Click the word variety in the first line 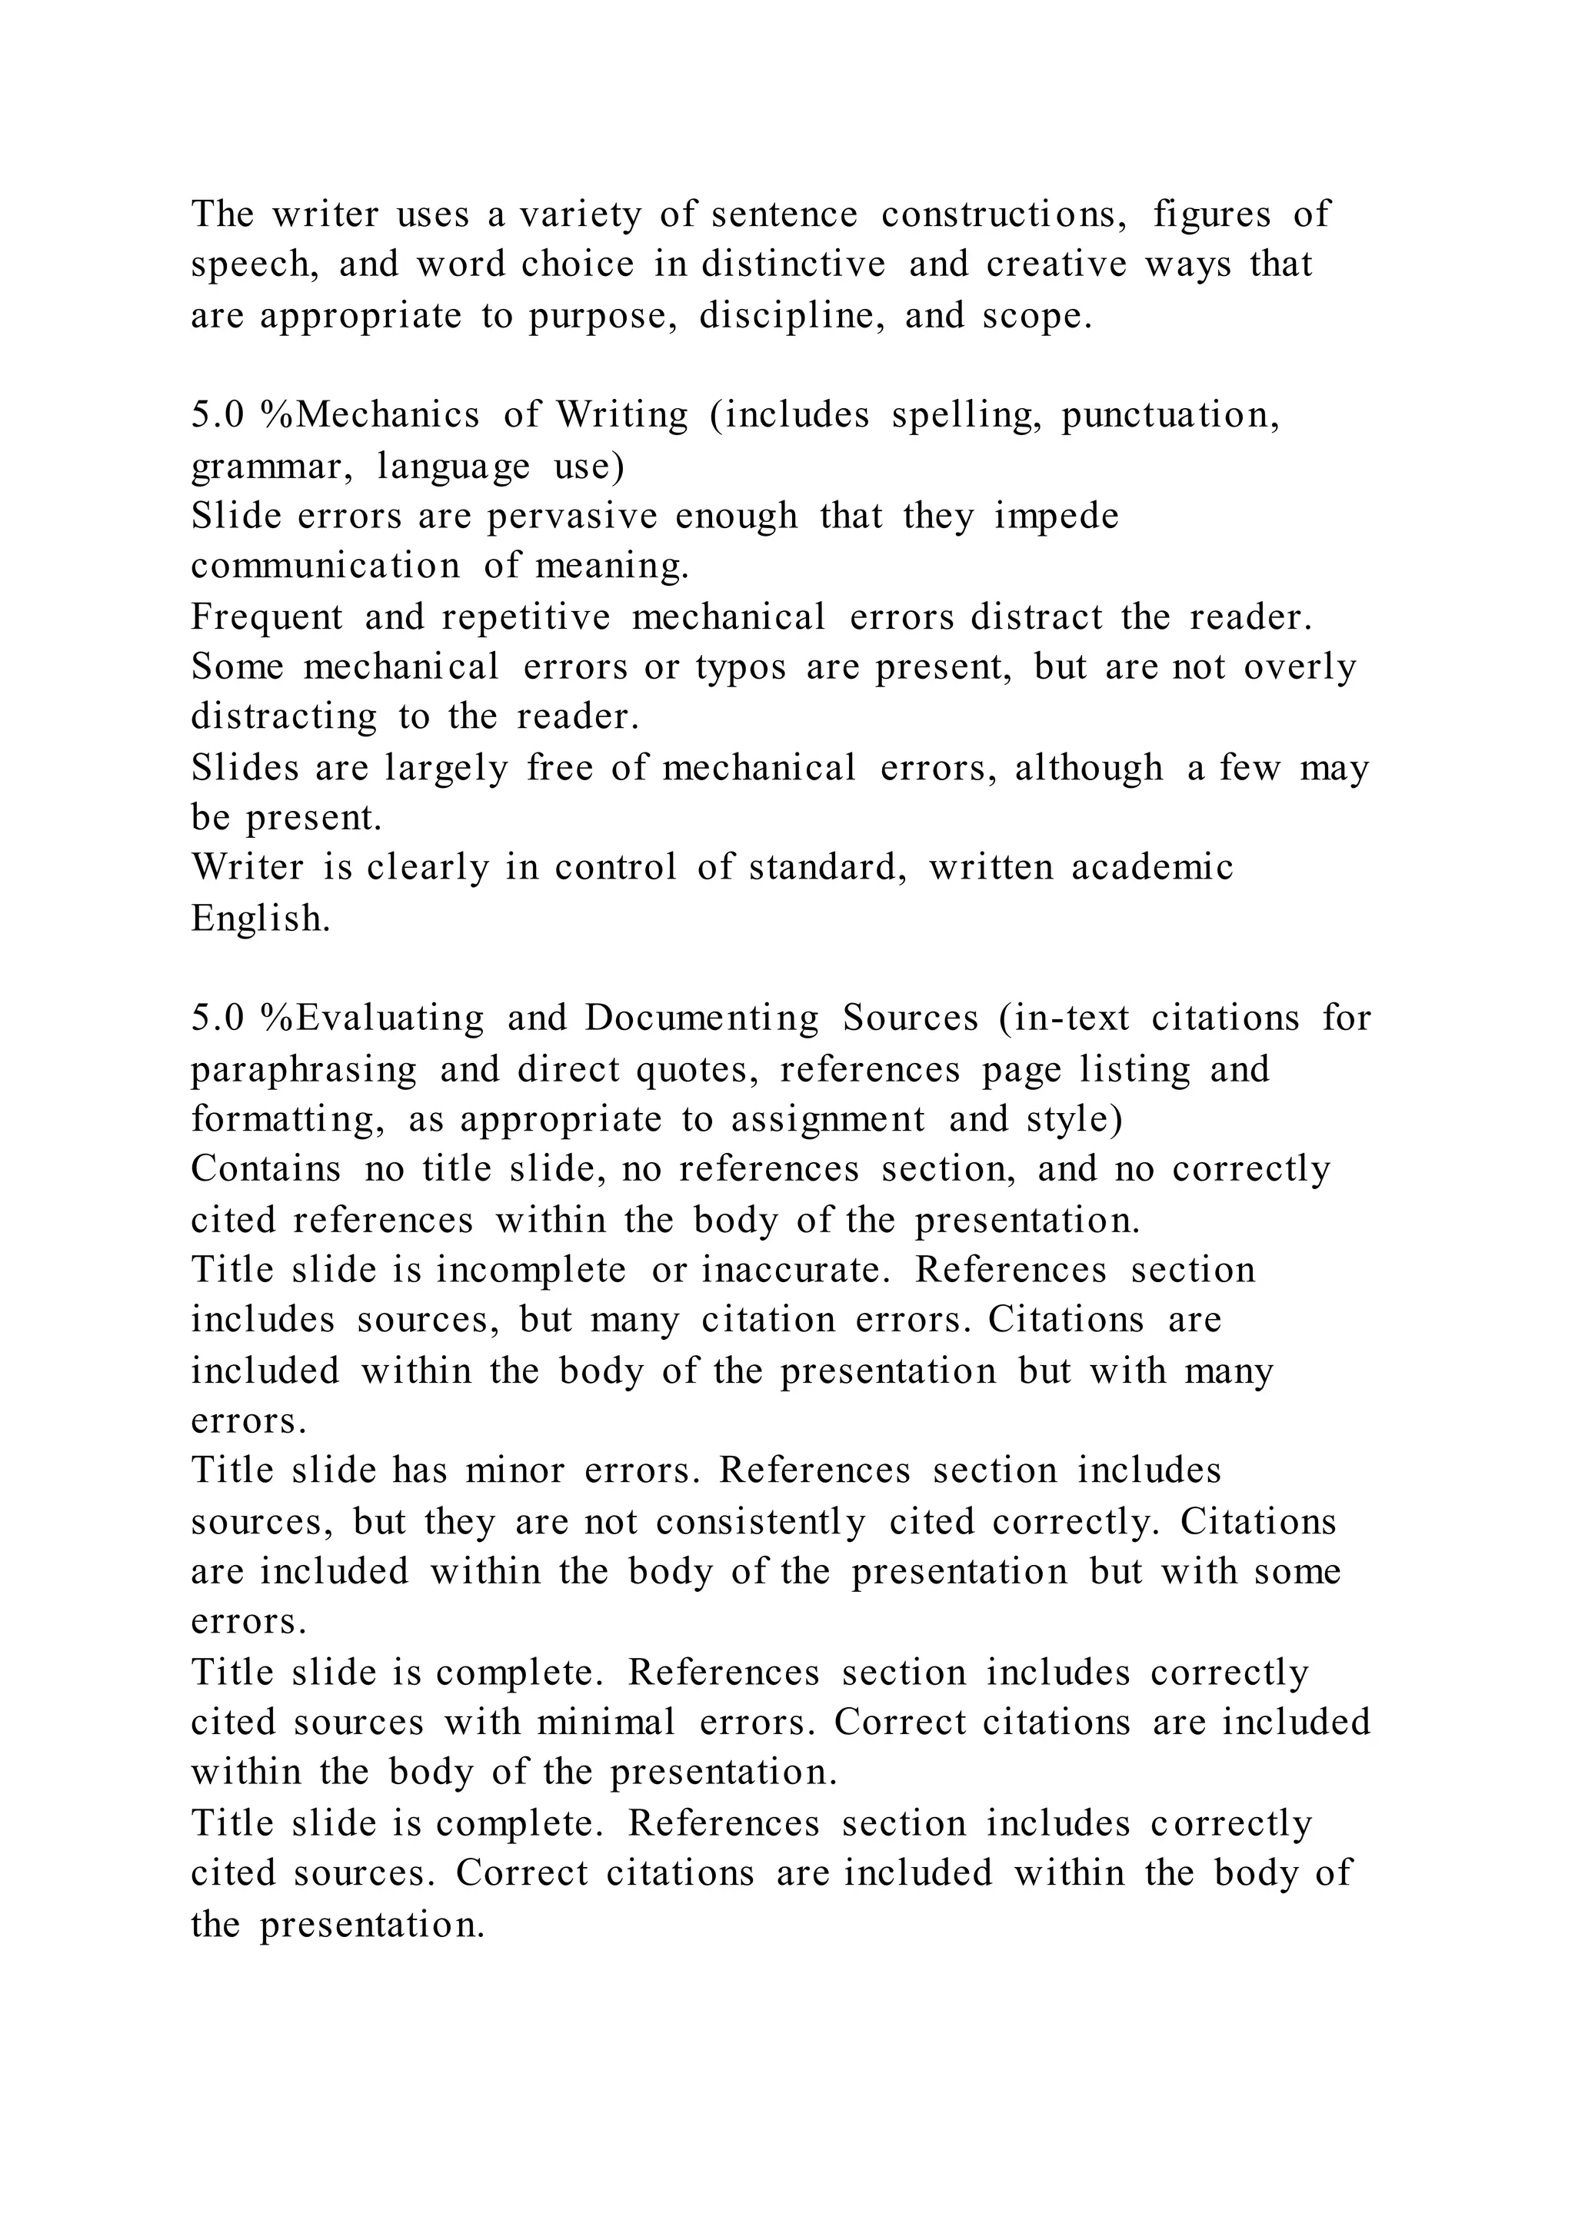tap(580, 214)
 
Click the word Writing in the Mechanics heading tap(621, 415)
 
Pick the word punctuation tap(1170, 415)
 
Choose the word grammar tap(275, 467)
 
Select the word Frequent tap(267, 616)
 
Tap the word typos tap(741, 667)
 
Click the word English tap(261, 918)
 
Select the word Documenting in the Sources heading tap(702, 1018)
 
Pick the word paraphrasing tap(304, 1069)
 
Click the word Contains tap(266, 1169)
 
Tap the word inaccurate tap(795, 1270)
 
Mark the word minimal tap(605, 1723)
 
